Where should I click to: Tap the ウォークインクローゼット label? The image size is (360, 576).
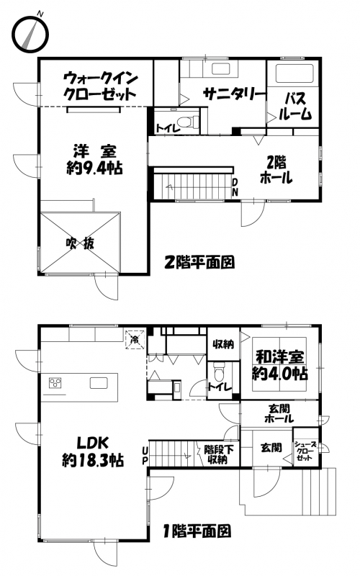click(100, 87)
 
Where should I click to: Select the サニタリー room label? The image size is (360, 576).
click(235, 94)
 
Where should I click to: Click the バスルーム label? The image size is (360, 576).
click(295, 107)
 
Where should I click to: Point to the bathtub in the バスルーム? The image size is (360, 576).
click(294, 73)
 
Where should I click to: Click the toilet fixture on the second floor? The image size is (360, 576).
click(187, 122)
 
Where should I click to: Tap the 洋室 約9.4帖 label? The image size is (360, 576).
click(94, 161)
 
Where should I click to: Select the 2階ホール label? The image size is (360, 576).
click(276, 171)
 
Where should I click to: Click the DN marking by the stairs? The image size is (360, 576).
click(235, 186)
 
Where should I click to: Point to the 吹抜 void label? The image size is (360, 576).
click(80, 243)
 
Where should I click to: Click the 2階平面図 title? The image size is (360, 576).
click(199, 262)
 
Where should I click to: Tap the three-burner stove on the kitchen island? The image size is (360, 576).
click(55, 383)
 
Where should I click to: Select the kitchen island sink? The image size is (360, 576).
click(99, 383)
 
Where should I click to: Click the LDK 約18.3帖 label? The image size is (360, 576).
click(93, 451)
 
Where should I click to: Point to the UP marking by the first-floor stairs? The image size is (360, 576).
click(145, 455)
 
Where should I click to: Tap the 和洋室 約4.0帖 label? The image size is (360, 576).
click(280, 365)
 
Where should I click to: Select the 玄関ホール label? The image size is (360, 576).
click(279, 413)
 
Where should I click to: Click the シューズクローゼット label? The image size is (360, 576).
click(305, 451)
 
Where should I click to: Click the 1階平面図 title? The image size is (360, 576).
click(197, 531)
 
